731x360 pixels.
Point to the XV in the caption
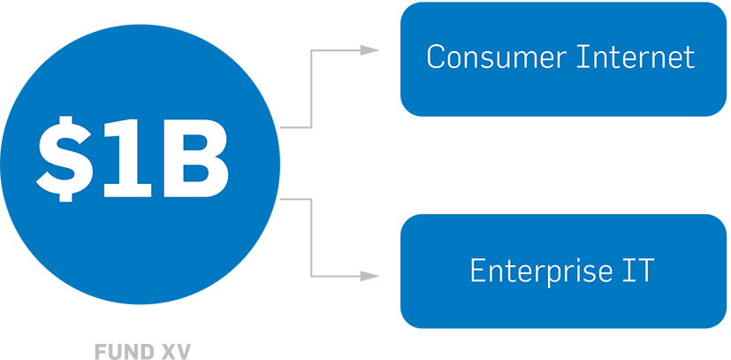coord(174,352)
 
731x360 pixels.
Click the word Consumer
coord(497,57)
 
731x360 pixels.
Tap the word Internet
coord(636,57)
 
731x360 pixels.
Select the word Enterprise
coord(541,270)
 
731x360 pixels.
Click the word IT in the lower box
coord(637,270)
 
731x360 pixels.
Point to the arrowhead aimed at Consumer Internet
coord(369,50)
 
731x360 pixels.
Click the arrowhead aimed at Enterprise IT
coord(369,277)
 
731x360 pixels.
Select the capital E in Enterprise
coord(478,270)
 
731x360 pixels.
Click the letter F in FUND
coord(101,352)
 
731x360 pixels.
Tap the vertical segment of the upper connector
coord(311,88)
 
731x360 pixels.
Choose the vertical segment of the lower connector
coord(311,238)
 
